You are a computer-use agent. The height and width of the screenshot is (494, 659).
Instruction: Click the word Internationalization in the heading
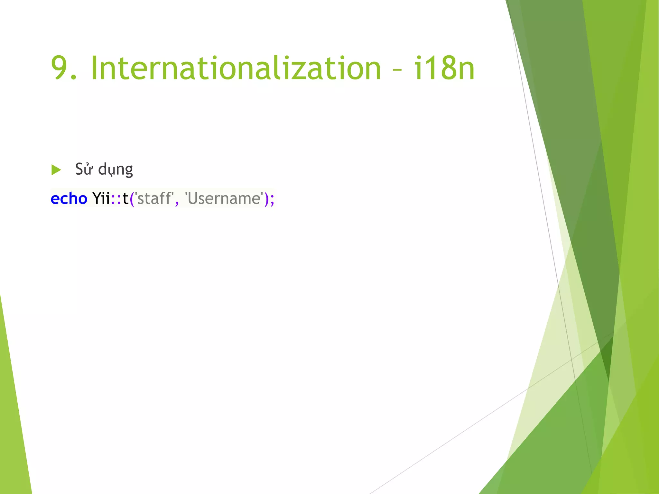click(236, 68)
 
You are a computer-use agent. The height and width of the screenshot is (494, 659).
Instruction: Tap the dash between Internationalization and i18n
click(397, 70)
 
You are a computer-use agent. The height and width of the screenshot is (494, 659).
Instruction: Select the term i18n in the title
click(444, 68)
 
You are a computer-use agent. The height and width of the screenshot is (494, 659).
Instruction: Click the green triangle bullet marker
click(56, 170)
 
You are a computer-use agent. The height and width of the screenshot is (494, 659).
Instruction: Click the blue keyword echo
click(69, 198)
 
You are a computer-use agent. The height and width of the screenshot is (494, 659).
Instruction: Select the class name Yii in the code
click(101, 198)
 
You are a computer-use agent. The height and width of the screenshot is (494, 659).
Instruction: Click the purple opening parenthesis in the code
click(132, 199)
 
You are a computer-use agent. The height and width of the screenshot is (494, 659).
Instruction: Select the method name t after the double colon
click(125, 198)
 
